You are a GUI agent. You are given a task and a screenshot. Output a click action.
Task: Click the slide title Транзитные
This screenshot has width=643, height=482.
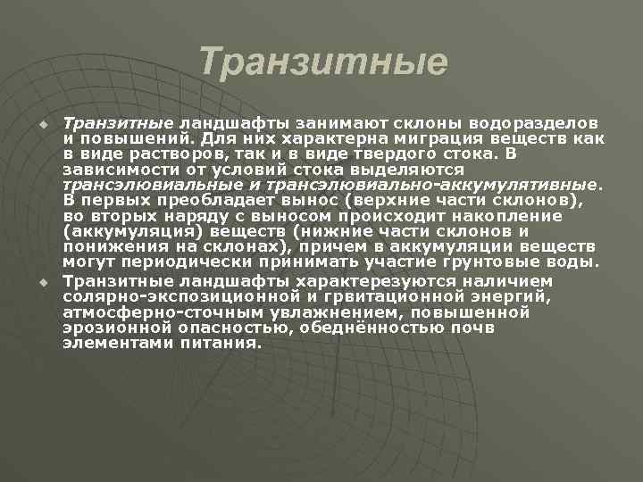click(322, 62)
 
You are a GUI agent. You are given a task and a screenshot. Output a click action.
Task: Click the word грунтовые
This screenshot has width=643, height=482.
click(488, 262)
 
